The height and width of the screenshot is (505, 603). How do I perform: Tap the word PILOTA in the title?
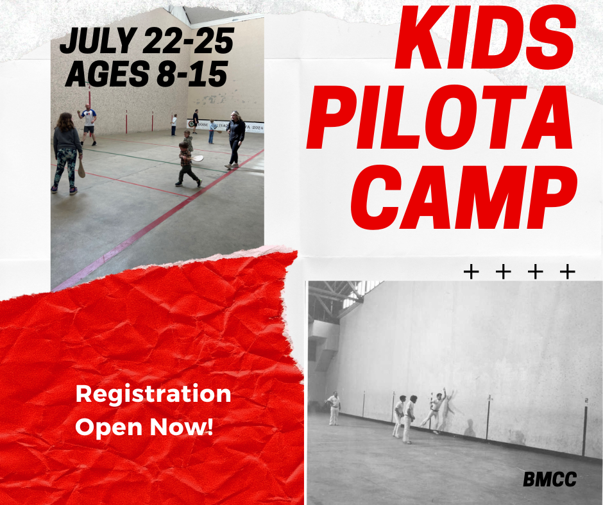pos(439,117)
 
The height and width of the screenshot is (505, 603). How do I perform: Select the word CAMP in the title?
pos(464,197)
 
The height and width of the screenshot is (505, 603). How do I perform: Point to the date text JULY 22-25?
pos(147,40)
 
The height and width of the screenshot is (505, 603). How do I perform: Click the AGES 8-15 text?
pos(146,74)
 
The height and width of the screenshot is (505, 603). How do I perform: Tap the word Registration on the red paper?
pos(153,395)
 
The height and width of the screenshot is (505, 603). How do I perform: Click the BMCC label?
pos(550,479)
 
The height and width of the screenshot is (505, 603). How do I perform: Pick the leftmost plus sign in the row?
pos(471,272)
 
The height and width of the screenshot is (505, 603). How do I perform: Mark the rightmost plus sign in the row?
pos(567,272)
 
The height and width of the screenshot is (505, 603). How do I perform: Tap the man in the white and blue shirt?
pos(88,124)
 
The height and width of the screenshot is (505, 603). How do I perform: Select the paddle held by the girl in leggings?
pos(81,169)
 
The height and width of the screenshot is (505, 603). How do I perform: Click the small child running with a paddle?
pos(187,165)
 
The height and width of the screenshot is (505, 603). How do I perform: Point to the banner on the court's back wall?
pos(225,126)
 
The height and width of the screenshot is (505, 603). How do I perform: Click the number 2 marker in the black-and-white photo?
pos(586,401)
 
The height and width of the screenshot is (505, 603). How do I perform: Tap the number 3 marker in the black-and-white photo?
pos(489,397)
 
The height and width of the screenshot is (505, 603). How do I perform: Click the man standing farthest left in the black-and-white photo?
pos(334,408)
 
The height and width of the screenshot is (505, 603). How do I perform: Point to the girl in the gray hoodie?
pos(66,153)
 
